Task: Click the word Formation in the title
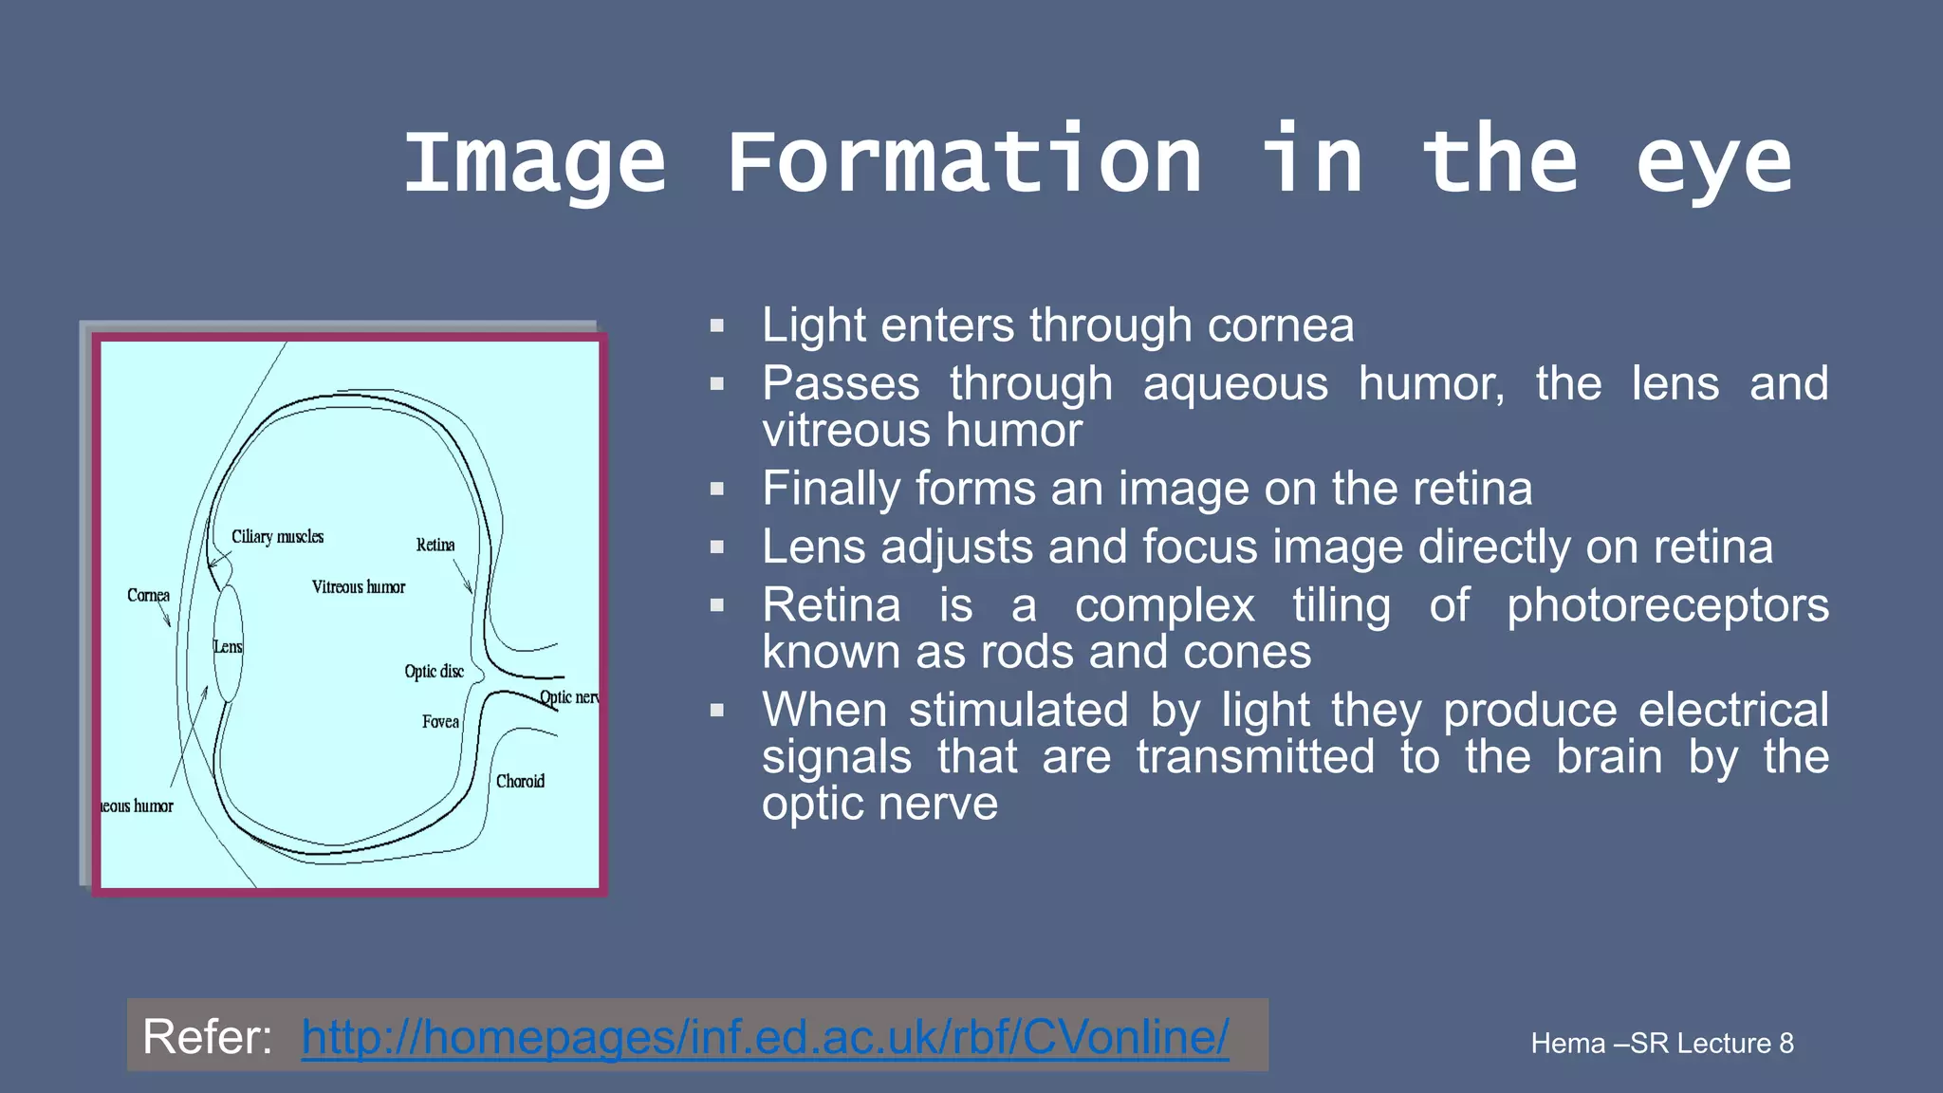coord(964,162)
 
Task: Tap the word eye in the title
coord(1713,162)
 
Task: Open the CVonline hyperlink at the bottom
coord(765,1036)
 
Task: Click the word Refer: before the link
coord(208,1036)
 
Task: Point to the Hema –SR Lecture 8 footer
coord(1662,1044)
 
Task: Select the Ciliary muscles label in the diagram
coord(277,537)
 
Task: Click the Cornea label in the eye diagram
coord(148,596)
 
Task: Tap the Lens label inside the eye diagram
coord(228,647)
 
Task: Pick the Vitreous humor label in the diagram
coord(359,587)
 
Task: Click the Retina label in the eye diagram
coord(435,546)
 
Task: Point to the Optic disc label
coord(435,672)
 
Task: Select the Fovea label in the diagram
coord(440,722)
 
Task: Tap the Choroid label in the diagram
coord(520,782)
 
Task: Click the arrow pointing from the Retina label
coord(463,577)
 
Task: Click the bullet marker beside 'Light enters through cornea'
coord(717,326)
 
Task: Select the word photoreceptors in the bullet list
coord(1668,605)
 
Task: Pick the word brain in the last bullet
coord(1609,757)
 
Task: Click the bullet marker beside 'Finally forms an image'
coord(717,490)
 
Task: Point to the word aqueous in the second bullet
coord(1235,384)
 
